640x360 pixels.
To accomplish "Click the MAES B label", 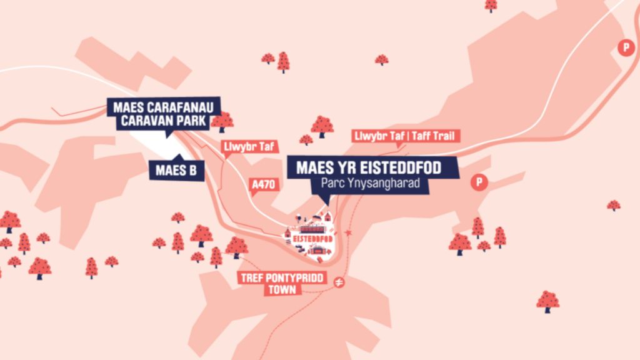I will click(x=176, y=169).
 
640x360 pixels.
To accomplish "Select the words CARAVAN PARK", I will click(x=163, y=121).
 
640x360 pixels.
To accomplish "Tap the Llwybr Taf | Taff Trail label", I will click(x=406, y=136).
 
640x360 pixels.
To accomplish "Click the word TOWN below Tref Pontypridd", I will click(x=283, y=290).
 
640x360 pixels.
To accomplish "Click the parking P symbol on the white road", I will click(x=624, y=47).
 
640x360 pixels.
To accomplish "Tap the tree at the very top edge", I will click(x=491, y=5).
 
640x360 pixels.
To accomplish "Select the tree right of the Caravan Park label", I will click(x=222, y=121).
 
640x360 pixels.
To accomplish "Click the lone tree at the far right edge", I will click(x=613, y=205).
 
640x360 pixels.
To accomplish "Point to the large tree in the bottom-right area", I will click(x=548, y=301).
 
